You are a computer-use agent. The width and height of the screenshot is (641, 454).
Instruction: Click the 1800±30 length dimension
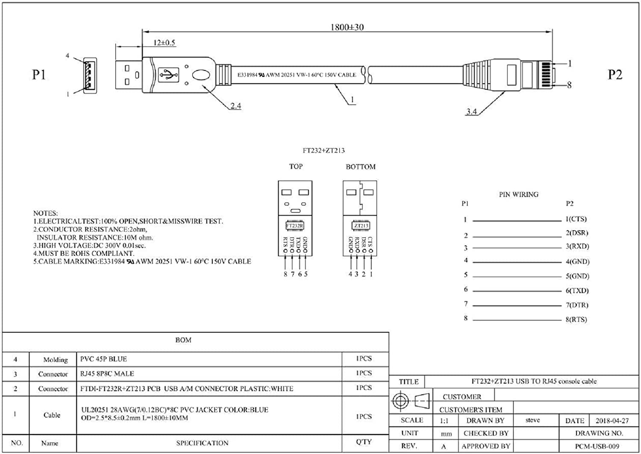pyautogui.click(x=347, y=27)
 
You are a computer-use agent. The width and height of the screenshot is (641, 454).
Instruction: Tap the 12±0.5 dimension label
pyautogui.click(x=164, y=43)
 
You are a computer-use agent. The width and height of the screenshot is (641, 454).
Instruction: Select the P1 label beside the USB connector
pyautogui.click(x=39, y=75)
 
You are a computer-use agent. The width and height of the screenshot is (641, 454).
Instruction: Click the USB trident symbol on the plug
pyautogui.click(x=168, y=75)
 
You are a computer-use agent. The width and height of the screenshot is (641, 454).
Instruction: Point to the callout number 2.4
pyautogui.click(x=235, y=105)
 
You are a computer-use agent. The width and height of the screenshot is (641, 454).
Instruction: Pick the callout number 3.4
pyautogui.click(x=471, y=112)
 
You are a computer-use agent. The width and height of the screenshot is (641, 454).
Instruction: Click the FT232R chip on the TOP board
pyautogui.click(x=294, y=226)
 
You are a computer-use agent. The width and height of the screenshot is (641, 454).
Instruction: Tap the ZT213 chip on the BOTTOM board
pyautogui.click(x=361, y=226)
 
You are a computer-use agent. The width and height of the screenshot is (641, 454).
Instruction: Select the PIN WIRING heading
pyautogui.click(x=518, y=194)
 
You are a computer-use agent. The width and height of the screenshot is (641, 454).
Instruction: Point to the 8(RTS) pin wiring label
pyautogui.click(x=576, y=319)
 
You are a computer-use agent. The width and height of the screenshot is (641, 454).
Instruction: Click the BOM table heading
pyautogui.click(x=183, y=340)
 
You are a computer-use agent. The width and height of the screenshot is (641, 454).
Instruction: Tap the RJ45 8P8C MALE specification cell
pyautogui.click(x=107, y=374)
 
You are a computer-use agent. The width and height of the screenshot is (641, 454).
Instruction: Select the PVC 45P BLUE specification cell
pyautogui.click(x=103, y=359)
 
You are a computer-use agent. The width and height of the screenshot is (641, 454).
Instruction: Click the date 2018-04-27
pyautogui.click(x=612, y=421)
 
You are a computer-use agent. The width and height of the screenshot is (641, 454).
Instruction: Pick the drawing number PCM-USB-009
pyautogui.click(x=597, y=446)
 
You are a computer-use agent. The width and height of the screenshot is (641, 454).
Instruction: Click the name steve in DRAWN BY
pyautogui.click(x=532, y=420)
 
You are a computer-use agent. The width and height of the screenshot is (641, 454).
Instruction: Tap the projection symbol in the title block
pyautogui.click(x=411, y=401)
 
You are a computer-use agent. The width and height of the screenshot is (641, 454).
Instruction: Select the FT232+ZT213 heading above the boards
pyautogui.click(x=323, y=151)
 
